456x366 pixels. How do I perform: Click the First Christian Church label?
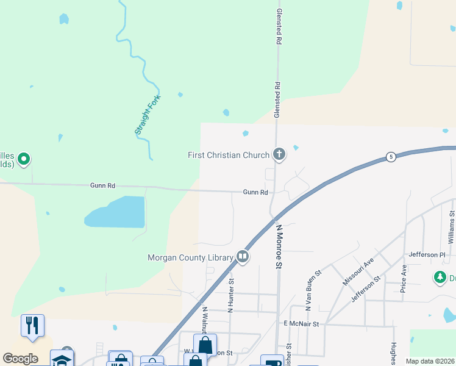pyautogui.click(x=228, y=155)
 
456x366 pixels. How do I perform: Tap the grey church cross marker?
pyautogui.click(x=279, y=154)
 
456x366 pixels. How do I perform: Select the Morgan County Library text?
pyautogui.click(x=191, y=257)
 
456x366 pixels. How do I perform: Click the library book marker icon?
pyautogui.click(x=243, y=257)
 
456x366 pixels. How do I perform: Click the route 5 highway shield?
pyautogui.click(x=390, y=157)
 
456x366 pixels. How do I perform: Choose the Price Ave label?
pyautogui.click(x=404, y=279)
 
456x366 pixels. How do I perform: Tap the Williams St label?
pyautogui.click(x=452, y=225)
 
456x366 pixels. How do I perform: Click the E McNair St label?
pyautogui.click(x=301, y=324)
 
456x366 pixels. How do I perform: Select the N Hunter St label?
pyautogui.click(x=232, y=295)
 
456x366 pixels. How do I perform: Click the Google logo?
pyautogui.click(x=20, y=358)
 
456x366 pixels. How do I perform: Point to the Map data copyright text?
pyautogui.click(x=430, y=361)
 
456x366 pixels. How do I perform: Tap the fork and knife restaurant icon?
pyautogui.click(x=32, y=325)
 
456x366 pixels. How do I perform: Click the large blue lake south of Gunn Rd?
pyautogui.click(x=117, y=212)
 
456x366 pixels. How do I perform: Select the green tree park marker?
pyautogui.click(x=440, y=278)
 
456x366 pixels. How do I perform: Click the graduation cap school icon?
pyautogui.click(x=62, y=359)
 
